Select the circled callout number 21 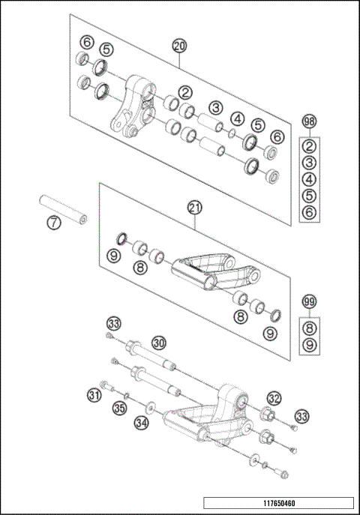coord(193,207)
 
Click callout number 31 coord(94,394)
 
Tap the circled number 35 coord(119,409)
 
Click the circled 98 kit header coord(309,121)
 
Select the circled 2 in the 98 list coord(309,145)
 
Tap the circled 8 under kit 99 coord(309,327)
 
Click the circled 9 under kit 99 coord(309,345)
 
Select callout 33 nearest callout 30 coord(113,324)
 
